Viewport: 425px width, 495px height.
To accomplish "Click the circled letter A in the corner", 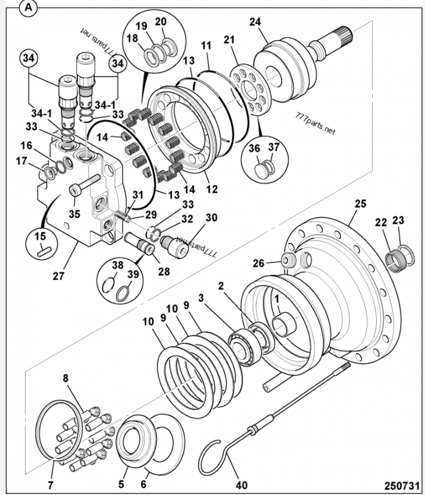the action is tap(28, 8).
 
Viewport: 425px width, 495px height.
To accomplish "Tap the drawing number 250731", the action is tap(402, 485).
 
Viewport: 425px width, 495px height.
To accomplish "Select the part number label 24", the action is tap(255, 22).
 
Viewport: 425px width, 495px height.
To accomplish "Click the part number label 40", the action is tap(242, 485).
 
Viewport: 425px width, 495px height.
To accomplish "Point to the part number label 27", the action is tap(59, 275).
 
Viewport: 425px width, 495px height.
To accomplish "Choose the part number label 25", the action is tap(361, 203).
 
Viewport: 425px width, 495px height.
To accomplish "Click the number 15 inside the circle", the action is tap(40, 236).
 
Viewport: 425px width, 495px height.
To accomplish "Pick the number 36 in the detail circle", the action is tap(254, 148).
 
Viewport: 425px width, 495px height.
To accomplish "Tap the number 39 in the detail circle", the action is tap(133, 274).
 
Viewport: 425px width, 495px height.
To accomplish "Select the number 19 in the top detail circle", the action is tap(141, 26).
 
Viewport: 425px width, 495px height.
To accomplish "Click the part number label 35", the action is tap(74, 214).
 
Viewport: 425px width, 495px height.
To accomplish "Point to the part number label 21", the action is tap(229, 40).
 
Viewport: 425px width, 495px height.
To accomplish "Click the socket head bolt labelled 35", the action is tap(84, 185).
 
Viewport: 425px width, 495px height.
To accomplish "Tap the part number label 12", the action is tap(212, 189).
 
